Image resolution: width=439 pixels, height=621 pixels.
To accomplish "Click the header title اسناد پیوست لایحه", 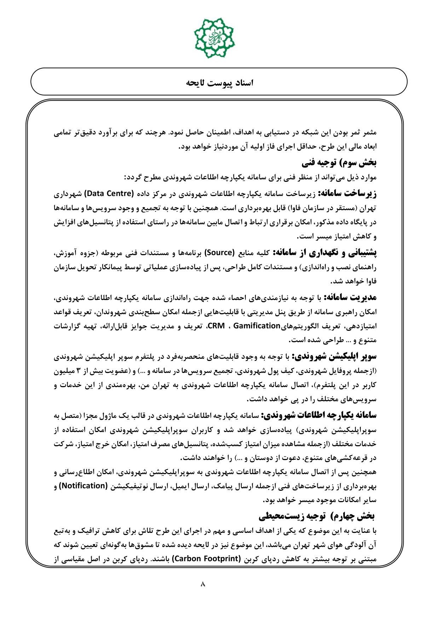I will tap(219, 82).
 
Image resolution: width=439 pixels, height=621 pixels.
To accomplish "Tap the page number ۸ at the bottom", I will tap(203, 583).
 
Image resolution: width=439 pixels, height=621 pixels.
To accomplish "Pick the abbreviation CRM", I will tap(216, 326).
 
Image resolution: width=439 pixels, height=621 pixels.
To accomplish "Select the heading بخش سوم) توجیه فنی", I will tap(339, 163).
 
